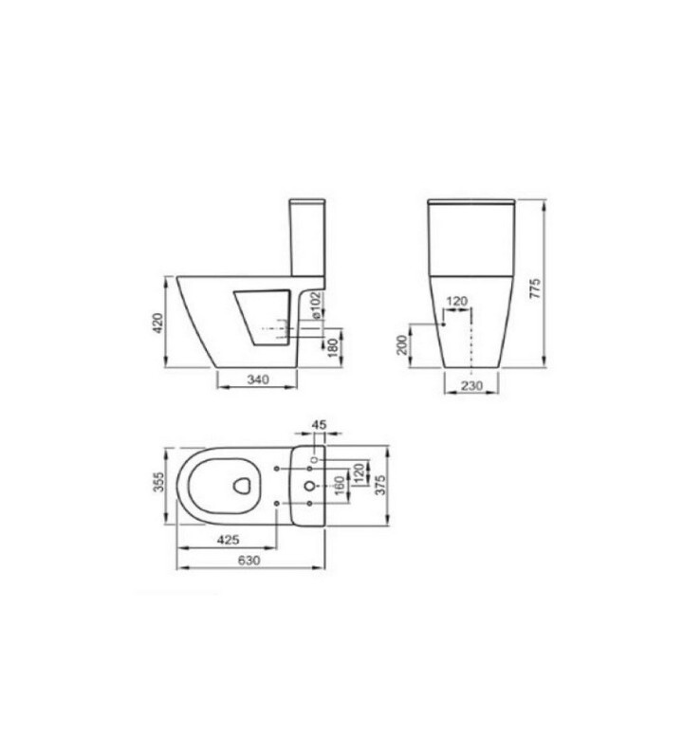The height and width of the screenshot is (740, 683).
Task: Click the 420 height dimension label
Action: [x=158, y=323]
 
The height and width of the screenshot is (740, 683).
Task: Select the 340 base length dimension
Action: [x=258, y=379]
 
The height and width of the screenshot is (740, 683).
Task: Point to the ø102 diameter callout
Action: [x=315, y=305]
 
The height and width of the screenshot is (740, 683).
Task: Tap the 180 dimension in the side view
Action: [x=334, y=347]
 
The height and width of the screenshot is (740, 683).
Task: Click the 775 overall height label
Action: [x=534, y=287]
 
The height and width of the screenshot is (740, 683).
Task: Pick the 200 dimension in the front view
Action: [x=401, y=344]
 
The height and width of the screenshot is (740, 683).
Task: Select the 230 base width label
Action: [x=471, y=385]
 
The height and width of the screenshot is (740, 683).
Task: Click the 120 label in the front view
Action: [x=456, y=301]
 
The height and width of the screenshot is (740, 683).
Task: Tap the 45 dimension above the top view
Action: [x=319, y=424]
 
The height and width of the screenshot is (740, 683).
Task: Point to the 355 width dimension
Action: [x=159, y=482]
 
